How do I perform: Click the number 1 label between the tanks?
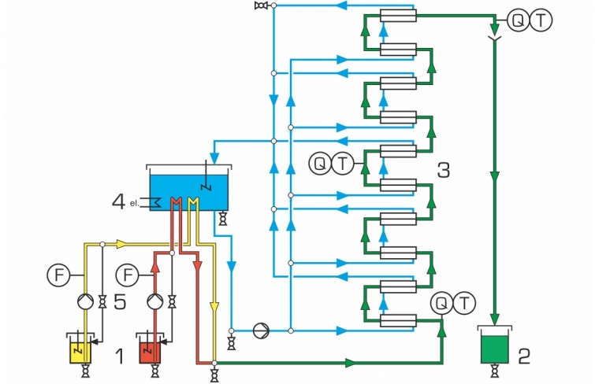click(120, 356)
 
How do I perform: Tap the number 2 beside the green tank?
click(524, 356)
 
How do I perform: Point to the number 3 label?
click(444, 170)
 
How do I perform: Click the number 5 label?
click(120, 302)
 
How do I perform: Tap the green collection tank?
click(494, 345)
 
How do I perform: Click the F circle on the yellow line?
click(58, 275)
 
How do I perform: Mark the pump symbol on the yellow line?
click(85, 302)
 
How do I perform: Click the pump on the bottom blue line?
click(262, 330)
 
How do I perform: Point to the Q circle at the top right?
click(519, 20)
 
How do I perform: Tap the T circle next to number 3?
click(343, 164)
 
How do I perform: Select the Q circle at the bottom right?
click(441, 303)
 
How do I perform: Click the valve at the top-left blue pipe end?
click(261, 6)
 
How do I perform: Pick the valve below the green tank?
click(494, 371)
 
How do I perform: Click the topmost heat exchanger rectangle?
click(398, 16)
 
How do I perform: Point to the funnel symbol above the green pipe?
click(494, 39)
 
